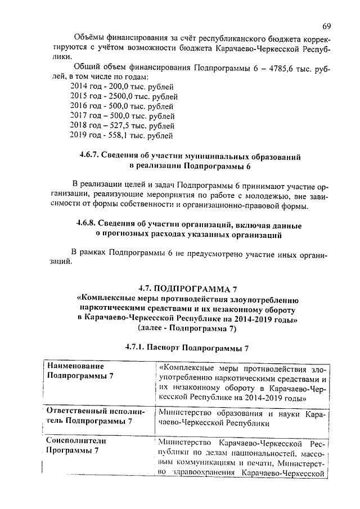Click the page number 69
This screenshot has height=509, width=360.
327,26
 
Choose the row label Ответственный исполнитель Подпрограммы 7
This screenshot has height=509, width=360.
90,416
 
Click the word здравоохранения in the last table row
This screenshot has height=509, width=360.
205,473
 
